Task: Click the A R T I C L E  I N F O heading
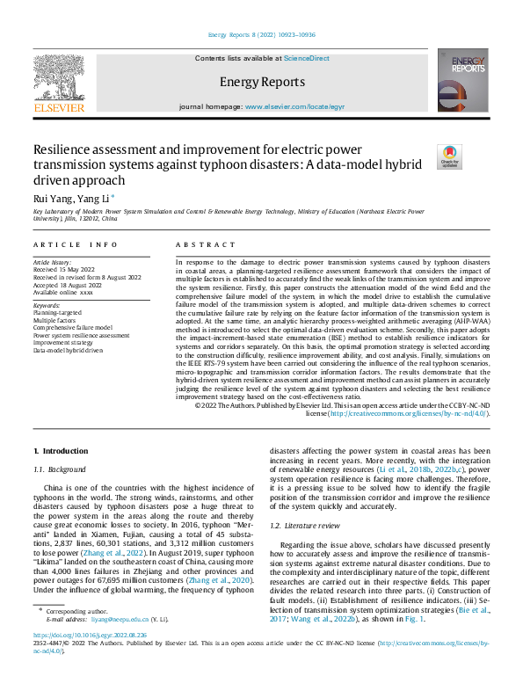coord(75,244)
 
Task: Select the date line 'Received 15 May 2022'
coord(63,269)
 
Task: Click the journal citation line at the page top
coord(261,34)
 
